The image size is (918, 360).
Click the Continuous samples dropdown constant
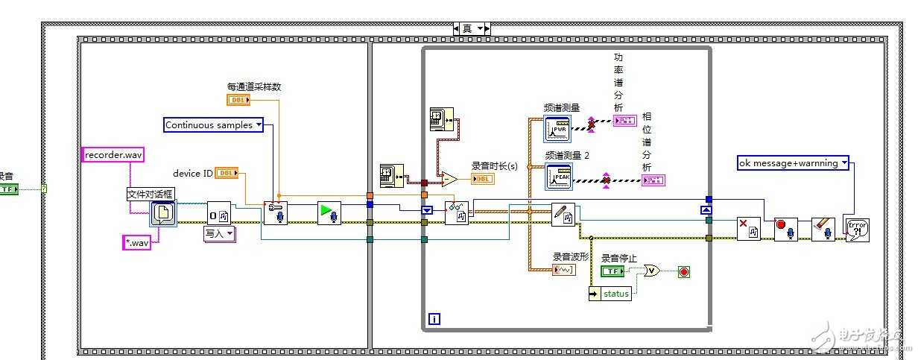point(214,125)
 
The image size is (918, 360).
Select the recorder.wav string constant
point(113,154)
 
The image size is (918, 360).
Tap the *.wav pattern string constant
point(136,242)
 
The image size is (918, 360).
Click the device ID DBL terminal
point(227,173)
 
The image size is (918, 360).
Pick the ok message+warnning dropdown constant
point(793,162)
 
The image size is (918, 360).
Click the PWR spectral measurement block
point(557,128)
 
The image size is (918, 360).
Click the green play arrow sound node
point(329,212)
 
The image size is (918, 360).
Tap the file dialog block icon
point(162,213)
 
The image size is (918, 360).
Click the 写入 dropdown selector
point(219,234)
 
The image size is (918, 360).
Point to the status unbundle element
point(610,294)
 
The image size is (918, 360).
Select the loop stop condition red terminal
point(683,271)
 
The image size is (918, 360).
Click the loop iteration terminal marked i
point(434,320)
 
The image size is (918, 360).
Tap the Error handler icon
point(855,227)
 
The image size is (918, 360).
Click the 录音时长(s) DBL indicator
point(482,179)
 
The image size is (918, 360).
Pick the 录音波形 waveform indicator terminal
point(563,269)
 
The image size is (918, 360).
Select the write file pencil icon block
point(563,215)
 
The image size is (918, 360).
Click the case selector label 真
point(468,28)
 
